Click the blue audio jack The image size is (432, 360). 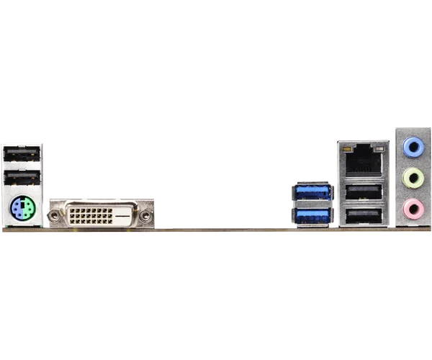pyautogui.click(x=412, y=147)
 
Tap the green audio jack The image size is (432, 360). pyautogui.click(x=412, y=178)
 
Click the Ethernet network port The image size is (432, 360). pyautogui.click(x=363, y=160)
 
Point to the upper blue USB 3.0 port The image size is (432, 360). pyautogui.click(x=312, y=192)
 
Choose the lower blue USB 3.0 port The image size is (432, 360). pyautogui.click(x=312, y=216)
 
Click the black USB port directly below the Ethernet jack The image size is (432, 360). pyautogui.click(x=363, y=192)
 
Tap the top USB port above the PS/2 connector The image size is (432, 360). pyautogui.click(x=22, y=154)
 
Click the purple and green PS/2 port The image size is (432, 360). pyautogui.click(x=22, y=210)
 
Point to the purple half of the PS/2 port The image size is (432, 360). pyautogui.click(x=17, y=210)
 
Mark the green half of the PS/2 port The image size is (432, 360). pyautogui.click(x=27, y=210)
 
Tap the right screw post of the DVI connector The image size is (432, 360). pyautogui.click(x=146, y=215)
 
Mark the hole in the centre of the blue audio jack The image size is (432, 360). pyautogui.click(x=412, y=147)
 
